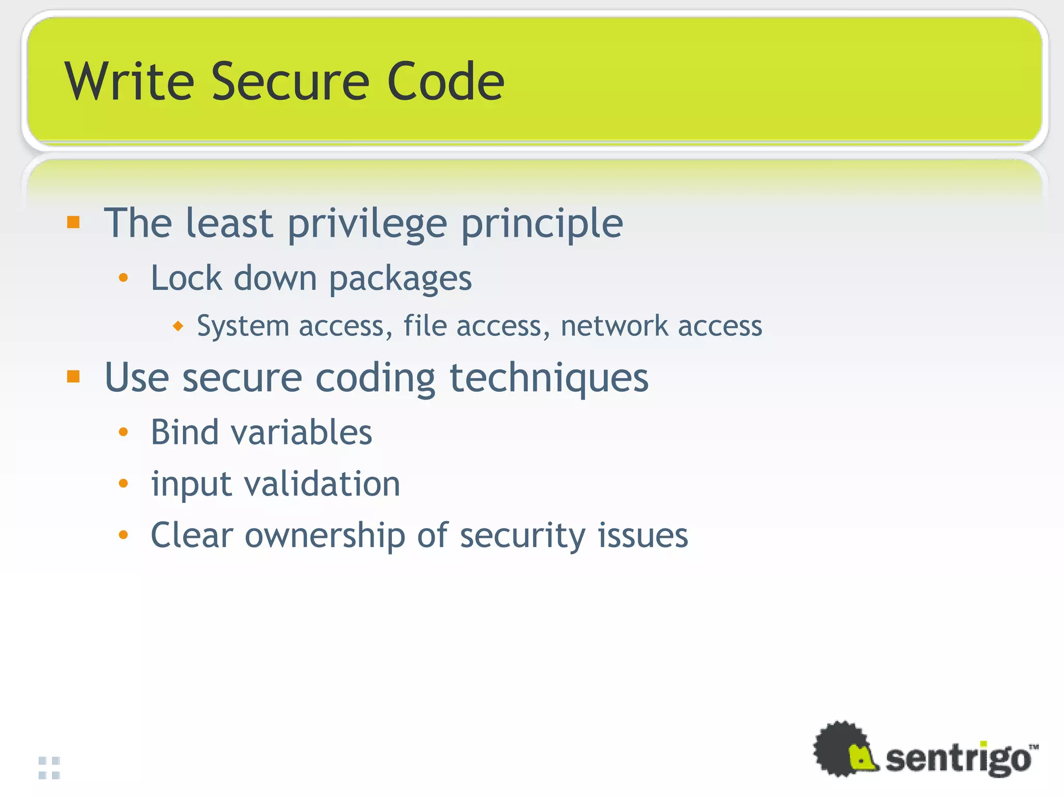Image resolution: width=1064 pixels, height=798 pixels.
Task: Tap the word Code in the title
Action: point(446,82)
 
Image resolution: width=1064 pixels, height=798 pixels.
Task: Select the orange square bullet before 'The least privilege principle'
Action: point(73,222)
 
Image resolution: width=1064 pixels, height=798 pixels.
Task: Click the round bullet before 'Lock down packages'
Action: point(123,278)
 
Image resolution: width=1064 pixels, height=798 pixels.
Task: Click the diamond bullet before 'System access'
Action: point(178,326)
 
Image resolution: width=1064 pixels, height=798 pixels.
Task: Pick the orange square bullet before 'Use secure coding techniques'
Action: point(73,377)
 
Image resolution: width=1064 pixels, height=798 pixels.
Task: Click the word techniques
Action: point(549,378)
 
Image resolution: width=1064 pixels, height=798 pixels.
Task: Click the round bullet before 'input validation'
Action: point(123,484)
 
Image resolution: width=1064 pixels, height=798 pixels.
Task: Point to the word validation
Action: point(322,484)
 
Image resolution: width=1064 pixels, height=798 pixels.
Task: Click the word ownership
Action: point(325,536)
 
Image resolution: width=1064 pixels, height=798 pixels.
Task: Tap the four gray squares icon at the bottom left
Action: point(49,768)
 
